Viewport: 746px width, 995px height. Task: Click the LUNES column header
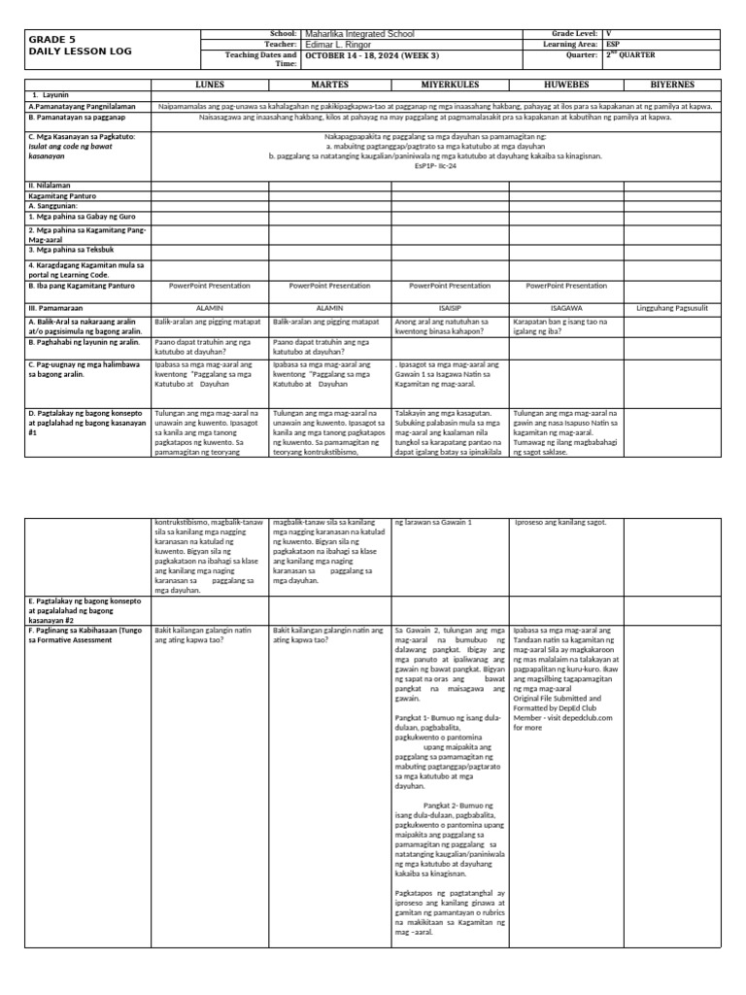click(210, 85)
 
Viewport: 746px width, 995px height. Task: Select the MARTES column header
click(329, 85)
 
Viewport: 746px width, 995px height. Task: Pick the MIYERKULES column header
click(449, 85)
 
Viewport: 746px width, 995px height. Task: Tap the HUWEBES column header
click(566, 85)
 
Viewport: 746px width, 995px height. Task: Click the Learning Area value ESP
click(614, 44)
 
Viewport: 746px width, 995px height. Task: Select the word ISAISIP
click(448, 307)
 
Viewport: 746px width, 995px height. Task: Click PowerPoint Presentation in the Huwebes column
click(565, 286)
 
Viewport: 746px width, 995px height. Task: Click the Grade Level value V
click(609, 33)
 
